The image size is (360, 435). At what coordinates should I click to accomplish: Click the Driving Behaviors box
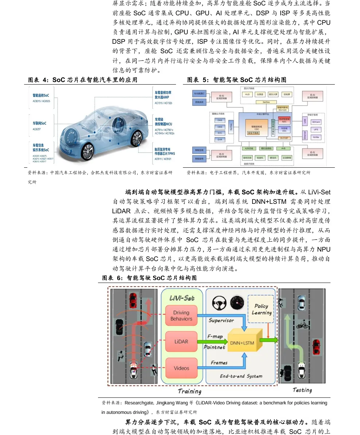coord(181,316)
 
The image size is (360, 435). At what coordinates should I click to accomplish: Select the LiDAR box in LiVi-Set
coord(181,342)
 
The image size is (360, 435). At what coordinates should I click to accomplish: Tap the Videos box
coord(181,368)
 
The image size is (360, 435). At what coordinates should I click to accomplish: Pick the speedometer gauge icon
coord(237,302)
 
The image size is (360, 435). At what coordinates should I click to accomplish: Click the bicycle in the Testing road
coord(303,324)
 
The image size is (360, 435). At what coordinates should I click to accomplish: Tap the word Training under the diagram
coord(189,391)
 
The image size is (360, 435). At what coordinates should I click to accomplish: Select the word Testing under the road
coord(302,390)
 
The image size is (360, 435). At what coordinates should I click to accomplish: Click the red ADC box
coord(284,120)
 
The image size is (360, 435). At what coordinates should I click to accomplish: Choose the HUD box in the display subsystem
coord(247,94)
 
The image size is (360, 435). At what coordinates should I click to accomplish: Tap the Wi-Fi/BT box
coord(284,138)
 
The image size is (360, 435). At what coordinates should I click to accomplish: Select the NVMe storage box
coord(316,137)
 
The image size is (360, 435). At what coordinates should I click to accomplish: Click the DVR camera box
coord(220,140)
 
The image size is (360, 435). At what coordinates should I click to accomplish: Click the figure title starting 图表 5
coord(237,80)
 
